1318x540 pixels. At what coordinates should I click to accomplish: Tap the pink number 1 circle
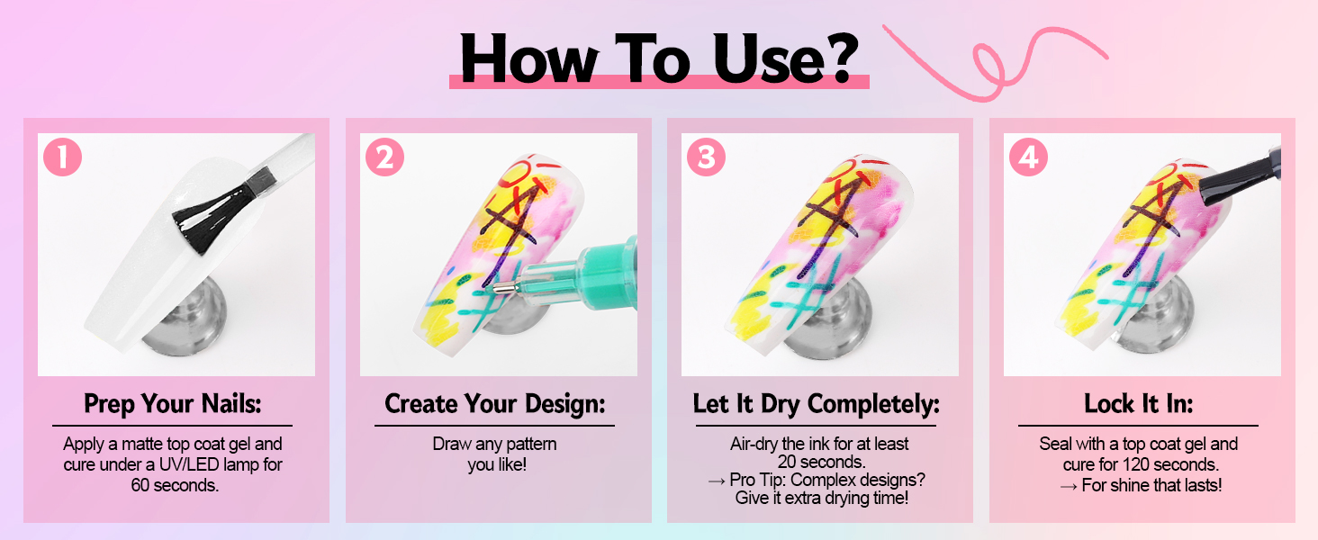pos(62,157)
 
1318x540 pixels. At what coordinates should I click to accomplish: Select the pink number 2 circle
pos(384,157)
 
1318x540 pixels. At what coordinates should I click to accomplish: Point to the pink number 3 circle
pos(706,157)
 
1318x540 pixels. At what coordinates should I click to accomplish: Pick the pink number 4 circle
pos(1028,157)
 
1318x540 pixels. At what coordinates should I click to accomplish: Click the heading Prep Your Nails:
pos(172,404)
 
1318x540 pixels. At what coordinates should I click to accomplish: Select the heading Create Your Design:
pos(495,404)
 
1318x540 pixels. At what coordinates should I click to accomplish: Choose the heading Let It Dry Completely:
pos(817,404)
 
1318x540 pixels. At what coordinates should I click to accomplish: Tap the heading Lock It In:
pos(1139,404)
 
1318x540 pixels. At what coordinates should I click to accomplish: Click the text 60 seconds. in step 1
pos(175,485)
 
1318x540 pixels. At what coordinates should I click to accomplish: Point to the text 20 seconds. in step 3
pos(821,462)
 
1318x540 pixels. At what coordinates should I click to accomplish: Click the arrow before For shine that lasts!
pos(1069,487)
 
